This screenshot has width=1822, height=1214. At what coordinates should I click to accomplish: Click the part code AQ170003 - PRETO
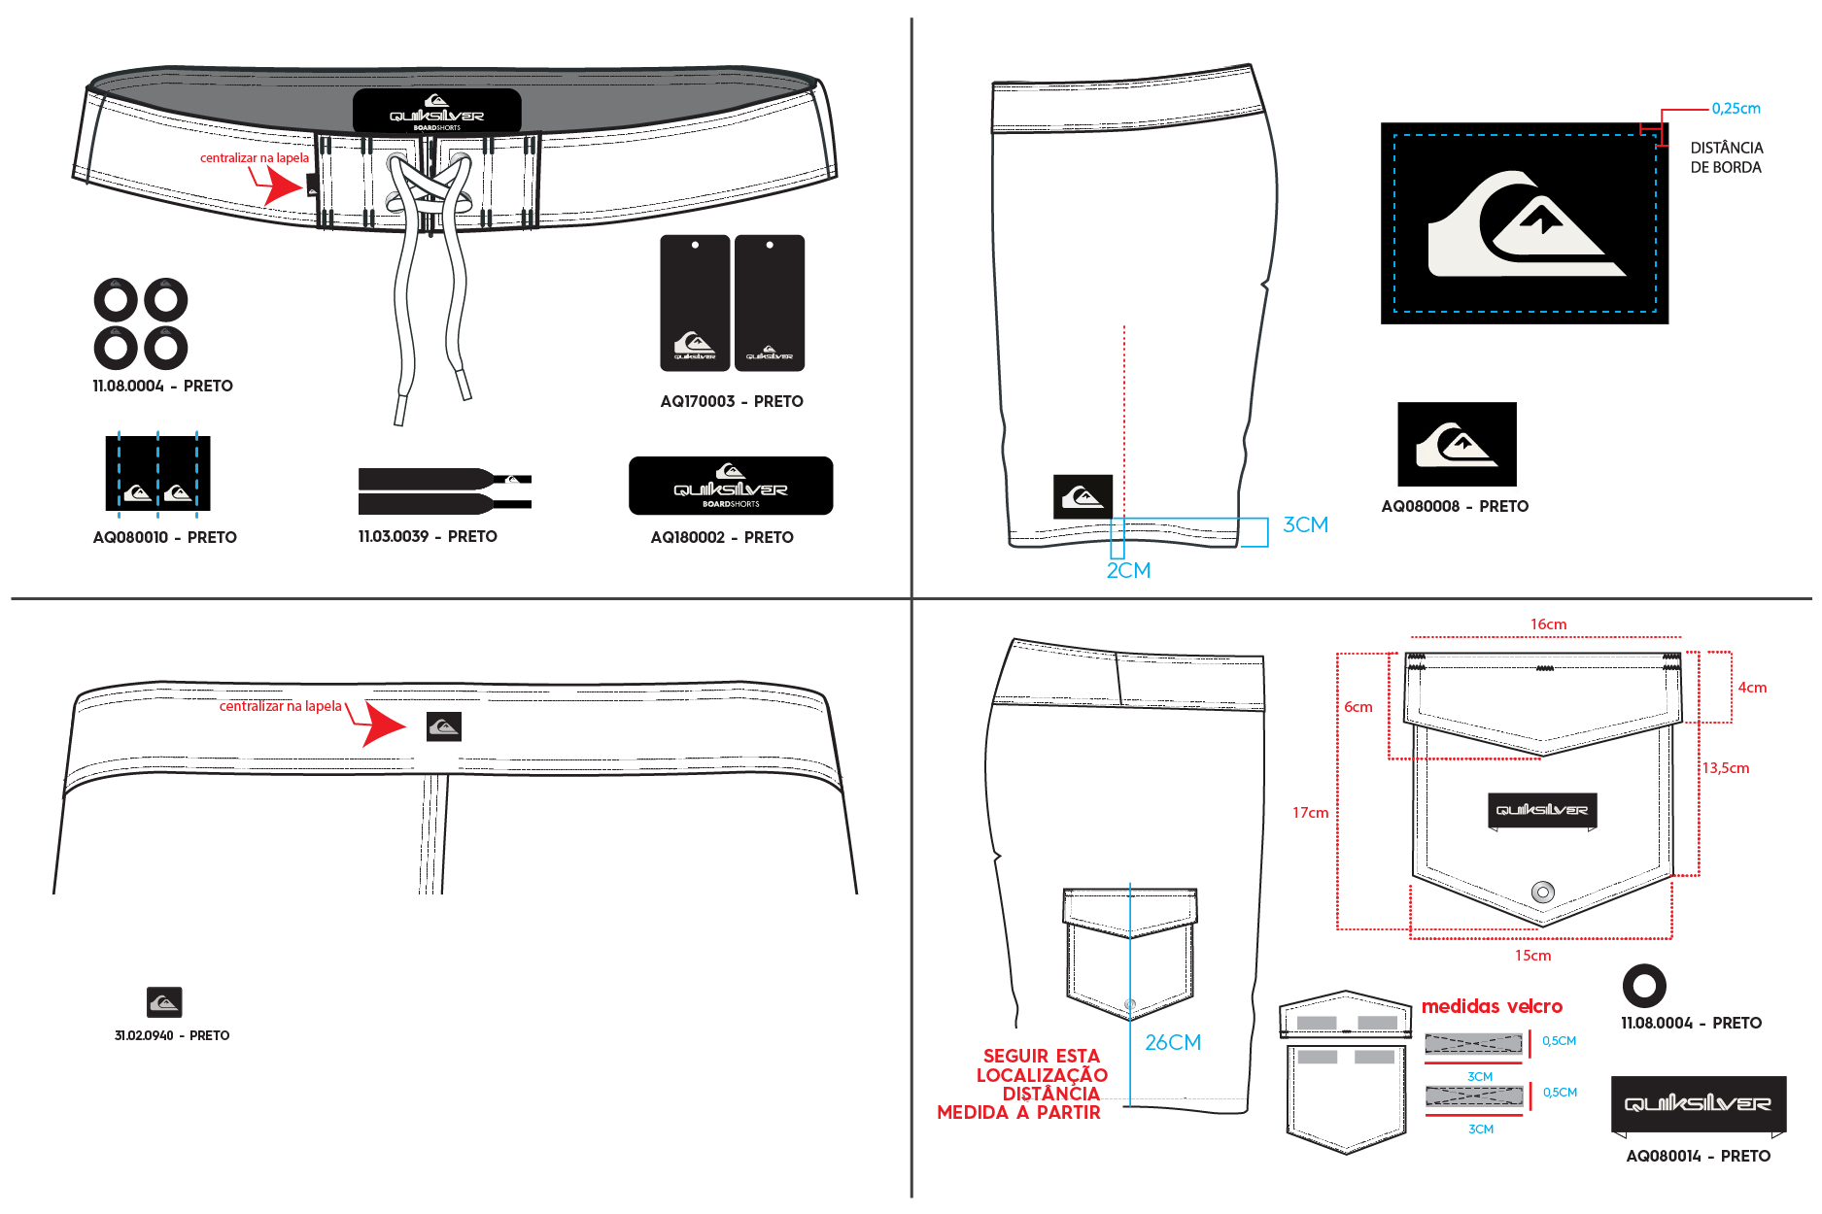click(x=732, y=401)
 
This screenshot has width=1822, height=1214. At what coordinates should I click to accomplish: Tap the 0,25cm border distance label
click(x=1736, y=109)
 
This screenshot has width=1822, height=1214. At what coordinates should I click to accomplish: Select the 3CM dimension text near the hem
click(x=1305, y=524)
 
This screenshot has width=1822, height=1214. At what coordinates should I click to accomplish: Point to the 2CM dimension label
click(x=1128, y=570)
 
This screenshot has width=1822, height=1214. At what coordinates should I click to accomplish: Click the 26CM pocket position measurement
click(x=1173, y=1042)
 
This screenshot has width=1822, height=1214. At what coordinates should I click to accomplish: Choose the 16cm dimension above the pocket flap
click(x=1548, y=624)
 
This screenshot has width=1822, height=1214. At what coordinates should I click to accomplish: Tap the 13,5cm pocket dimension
click(x=1725, y=768)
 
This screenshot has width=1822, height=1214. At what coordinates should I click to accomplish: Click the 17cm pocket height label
click(x=1310, y=813)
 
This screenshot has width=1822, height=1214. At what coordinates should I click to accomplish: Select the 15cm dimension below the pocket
click(x=1532, y=956)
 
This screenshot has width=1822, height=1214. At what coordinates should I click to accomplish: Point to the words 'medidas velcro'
click(x=1492, y=1006)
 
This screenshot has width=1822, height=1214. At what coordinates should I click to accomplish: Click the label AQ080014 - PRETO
click(x=1698, y=1156)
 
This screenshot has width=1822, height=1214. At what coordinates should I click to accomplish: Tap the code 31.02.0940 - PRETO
click(x=172, y=1035)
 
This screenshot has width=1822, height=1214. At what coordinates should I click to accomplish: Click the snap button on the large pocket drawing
click(x=1542, y=892)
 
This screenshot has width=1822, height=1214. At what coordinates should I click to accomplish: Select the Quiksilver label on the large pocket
click(x=1542, y=811)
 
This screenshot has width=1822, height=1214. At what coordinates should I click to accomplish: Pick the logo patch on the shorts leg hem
click(x=1083, y=496)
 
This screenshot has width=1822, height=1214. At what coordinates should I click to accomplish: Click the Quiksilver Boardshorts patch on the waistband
click(x=437, y=111)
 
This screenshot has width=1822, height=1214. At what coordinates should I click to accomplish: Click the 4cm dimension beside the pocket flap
click(x=1752, y=688)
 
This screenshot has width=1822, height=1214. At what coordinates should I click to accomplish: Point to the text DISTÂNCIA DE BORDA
click(x=1726, y=157)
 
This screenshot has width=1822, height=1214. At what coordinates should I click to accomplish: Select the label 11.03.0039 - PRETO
click(x=428, y=536)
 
